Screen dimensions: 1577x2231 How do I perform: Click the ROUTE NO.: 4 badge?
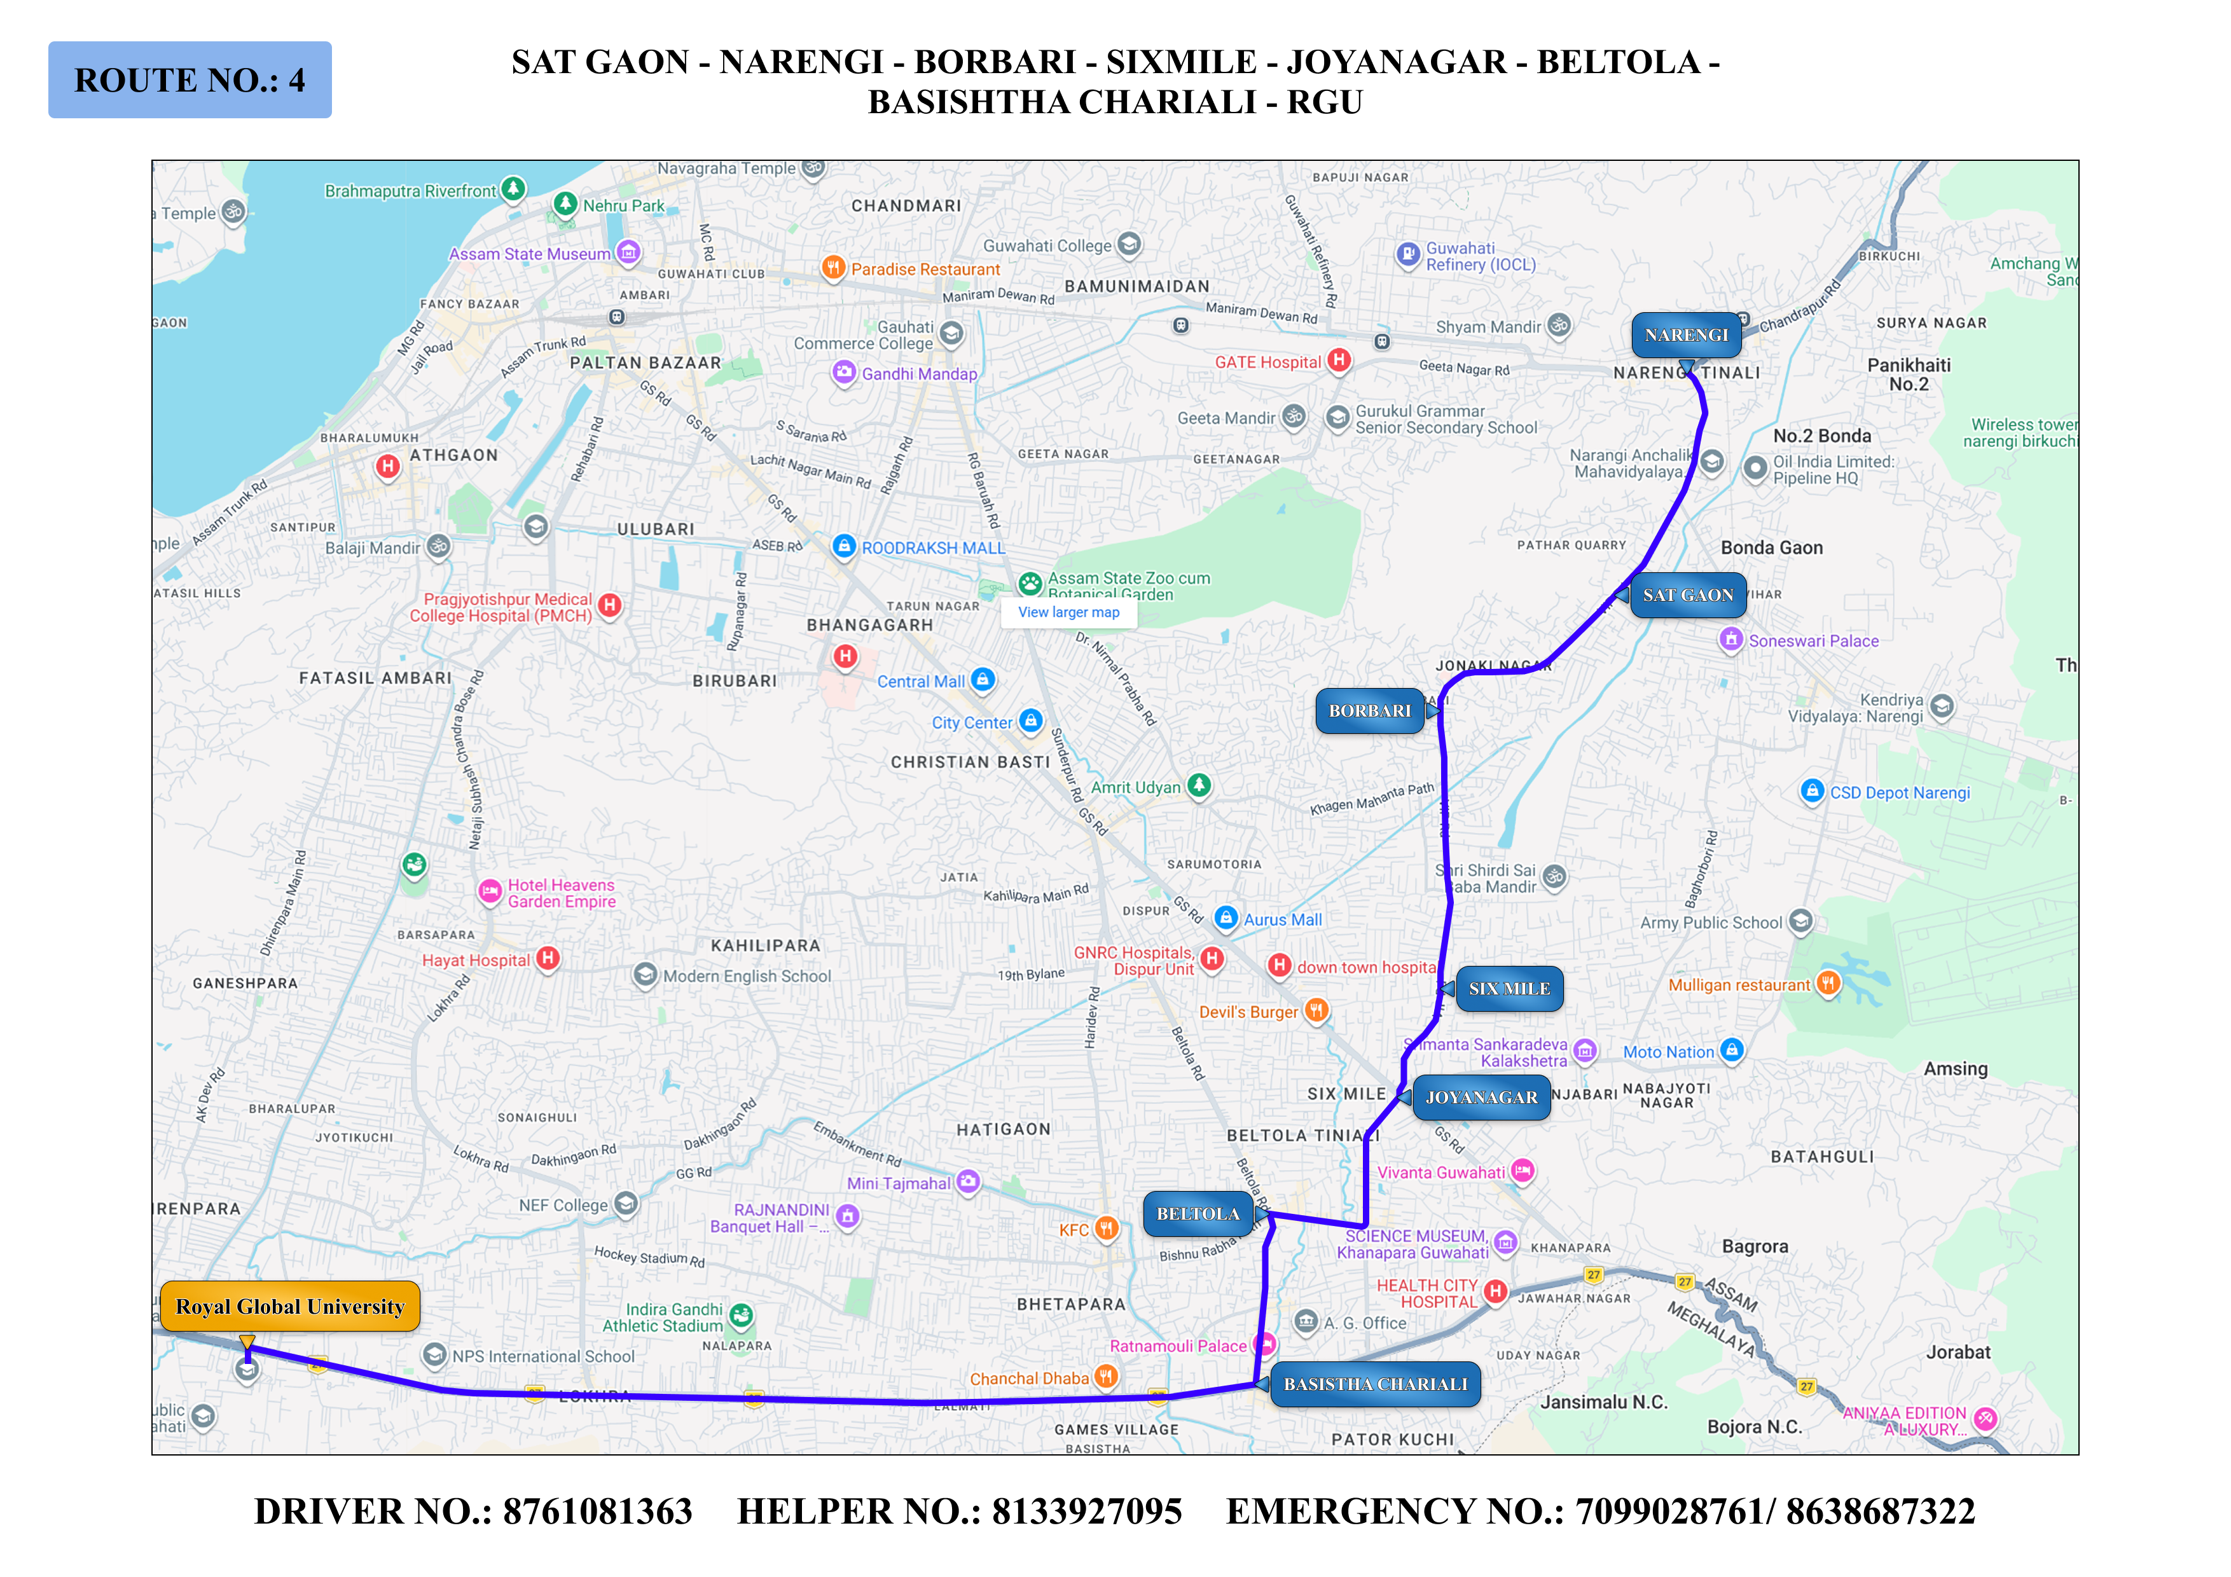coord(190,79)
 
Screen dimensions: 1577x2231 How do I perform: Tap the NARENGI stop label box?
coord(1686,335)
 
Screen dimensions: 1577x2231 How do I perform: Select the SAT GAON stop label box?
coord(1688,596)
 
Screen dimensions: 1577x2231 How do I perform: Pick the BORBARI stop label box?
coord(1369,712)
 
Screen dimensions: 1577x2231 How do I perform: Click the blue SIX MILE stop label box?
coord(1509,989)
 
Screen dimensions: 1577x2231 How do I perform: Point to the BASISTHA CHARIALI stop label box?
coord(1375,1384)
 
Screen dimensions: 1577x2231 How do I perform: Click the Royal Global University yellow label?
coord(289,1307)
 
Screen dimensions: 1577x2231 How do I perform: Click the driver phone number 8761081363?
coord(598,1512)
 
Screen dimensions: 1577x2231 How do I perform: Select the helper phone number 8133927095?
coord(1086,1512)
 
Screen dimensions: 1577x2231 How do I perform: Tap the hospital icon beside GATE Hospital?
coord(1339,361)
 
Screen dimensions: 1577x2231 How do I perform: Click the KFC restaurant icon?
coord(1106,1229)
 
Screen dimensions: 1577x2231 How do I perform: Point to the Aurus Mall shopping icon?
coord(1226,918)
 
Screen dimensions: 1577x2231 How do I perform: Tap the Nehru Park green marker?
coord(565,204)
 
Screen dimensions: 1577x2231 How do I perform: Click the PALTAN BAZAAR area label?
coord(646,363)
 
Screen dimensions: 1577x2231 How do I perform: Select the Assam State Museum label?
coord(530,254)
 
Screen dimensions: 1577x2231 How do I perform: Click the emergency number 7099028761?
coord(1668,1512)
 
